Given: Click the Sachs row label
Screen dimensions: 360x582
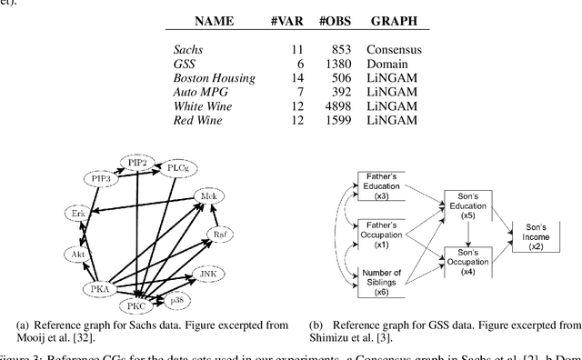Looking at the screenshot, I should tap(188, 49).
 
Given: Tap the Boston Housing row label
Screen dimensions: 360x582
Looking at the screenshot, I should tap(214, 78).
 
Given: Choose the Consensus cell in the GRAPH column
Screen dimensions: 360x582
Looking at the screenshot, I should tap(393, 49).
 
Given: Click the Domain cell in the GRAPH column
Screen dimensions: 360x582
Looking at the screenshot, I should tap(386, 64).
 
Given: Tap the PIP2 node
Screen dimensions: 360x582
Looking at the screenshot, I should tap(138, 163).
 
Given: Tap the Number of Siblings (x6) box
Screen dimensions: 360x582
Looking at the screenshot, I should tap(386, 277).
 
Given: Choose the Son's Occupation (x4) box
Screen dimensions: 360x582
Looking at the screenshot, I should tap(467, 263).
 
